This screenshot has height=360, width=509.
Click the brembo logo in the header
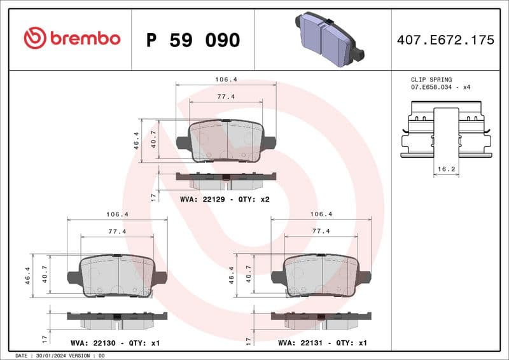pyautogui.click(x=72, y=38)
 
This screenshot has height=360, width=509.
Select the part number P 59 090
pyautogui.click(x=193, y=40)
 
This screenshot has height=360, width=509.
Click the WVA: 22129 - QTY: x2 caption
pyautogui.click(x=225, y=199)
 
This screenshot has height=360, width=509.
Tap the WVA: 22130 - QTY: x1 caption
pyautogui.click(x=116, y=343)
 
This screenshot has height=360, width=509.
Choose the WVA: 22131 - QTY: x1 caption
pyautogui.click(x=323, y=343)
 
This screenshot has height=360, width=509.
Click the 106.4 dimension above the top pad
pyautogui.click(x=226, y=80)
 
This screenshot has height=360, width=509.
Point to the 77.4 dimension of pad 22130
pyautogui.click(x=117, y=231)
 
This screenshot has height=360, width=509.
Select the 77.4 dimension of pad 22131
pyautogui.click(x=321, y=231)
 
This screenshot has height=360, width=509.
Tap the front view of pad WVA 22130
pyautogui.click(x=117, y=276)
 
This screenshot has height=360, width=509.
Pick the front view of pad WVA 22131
pyautogui.click(x=321, y=276)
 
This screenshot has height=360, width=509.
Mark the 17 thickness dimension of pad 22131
pyautogui.click(x=248, y=340)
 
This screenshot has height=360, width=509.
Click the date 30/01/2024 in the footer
pyautogui.click(x=48, y=356)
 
